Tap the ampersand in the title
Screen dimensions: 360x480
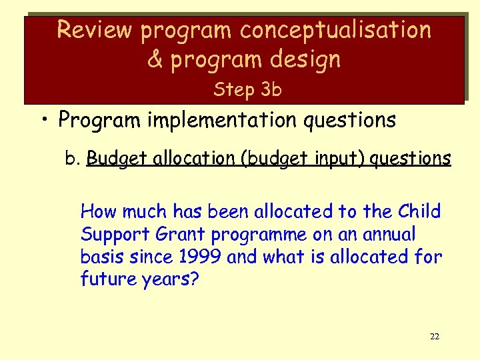point(155,59)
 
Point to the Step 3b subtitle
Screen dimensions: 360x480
point(247,90)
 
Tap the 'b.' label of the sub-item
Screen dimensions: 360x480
point(73,159)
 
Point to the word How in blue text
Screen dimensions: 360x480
point(97,212)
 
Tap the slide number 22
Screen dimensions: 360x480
point(434,337)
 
